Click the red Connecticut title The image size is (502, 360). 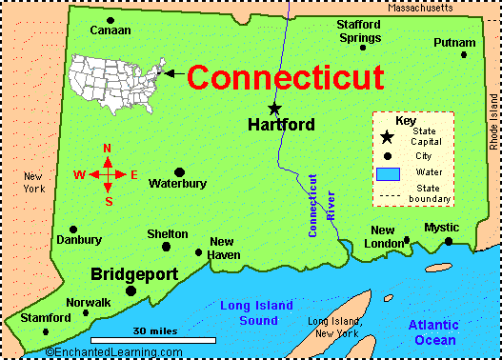click(285, 76)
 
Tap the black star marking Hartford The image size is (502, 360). click(275, 108)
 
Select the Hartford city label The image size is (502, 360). click(281, 125)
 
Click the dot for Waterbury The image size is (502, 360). click(179, 172)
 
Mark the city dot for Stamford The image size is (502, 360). click(46, 331)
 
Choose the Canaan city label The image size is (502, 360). click(110, 30)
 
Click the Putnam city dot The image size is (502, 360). click(464, 55)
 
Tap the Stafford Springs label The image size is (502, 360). click(358, 30)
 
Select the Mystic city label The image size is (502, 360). click(441, 228)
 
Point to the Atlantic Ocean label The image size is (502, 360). click(433, 332)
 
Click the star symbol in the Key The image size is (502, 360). click(387, 138)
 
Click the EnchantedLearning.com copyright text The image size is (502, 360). click(101, 352)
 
